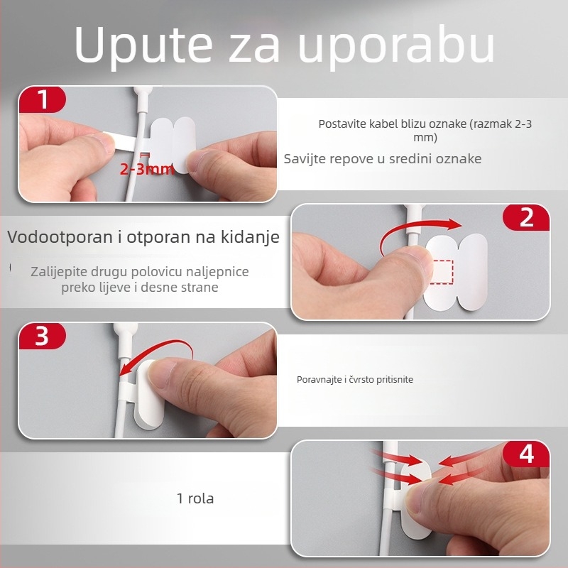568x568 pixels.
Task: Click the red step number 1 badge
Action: (43, 99)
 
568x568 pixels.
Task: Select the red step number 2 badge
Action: (526, 217)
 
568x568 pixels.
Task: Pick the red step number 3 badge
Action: (42, 336)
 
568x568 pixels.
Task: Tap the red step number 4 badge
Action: (526, 453)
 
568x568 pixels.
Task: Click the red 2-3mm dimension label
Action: (146, 169)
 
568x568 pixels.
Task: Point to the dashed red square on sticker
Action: (442, 272)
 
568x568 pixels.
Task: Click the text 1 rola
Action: (195, 498)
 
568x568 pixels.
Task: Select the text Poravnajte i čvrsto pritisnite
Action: (354, 380)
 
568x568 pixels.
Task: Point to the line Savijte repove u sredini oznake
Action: (382, 158)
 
